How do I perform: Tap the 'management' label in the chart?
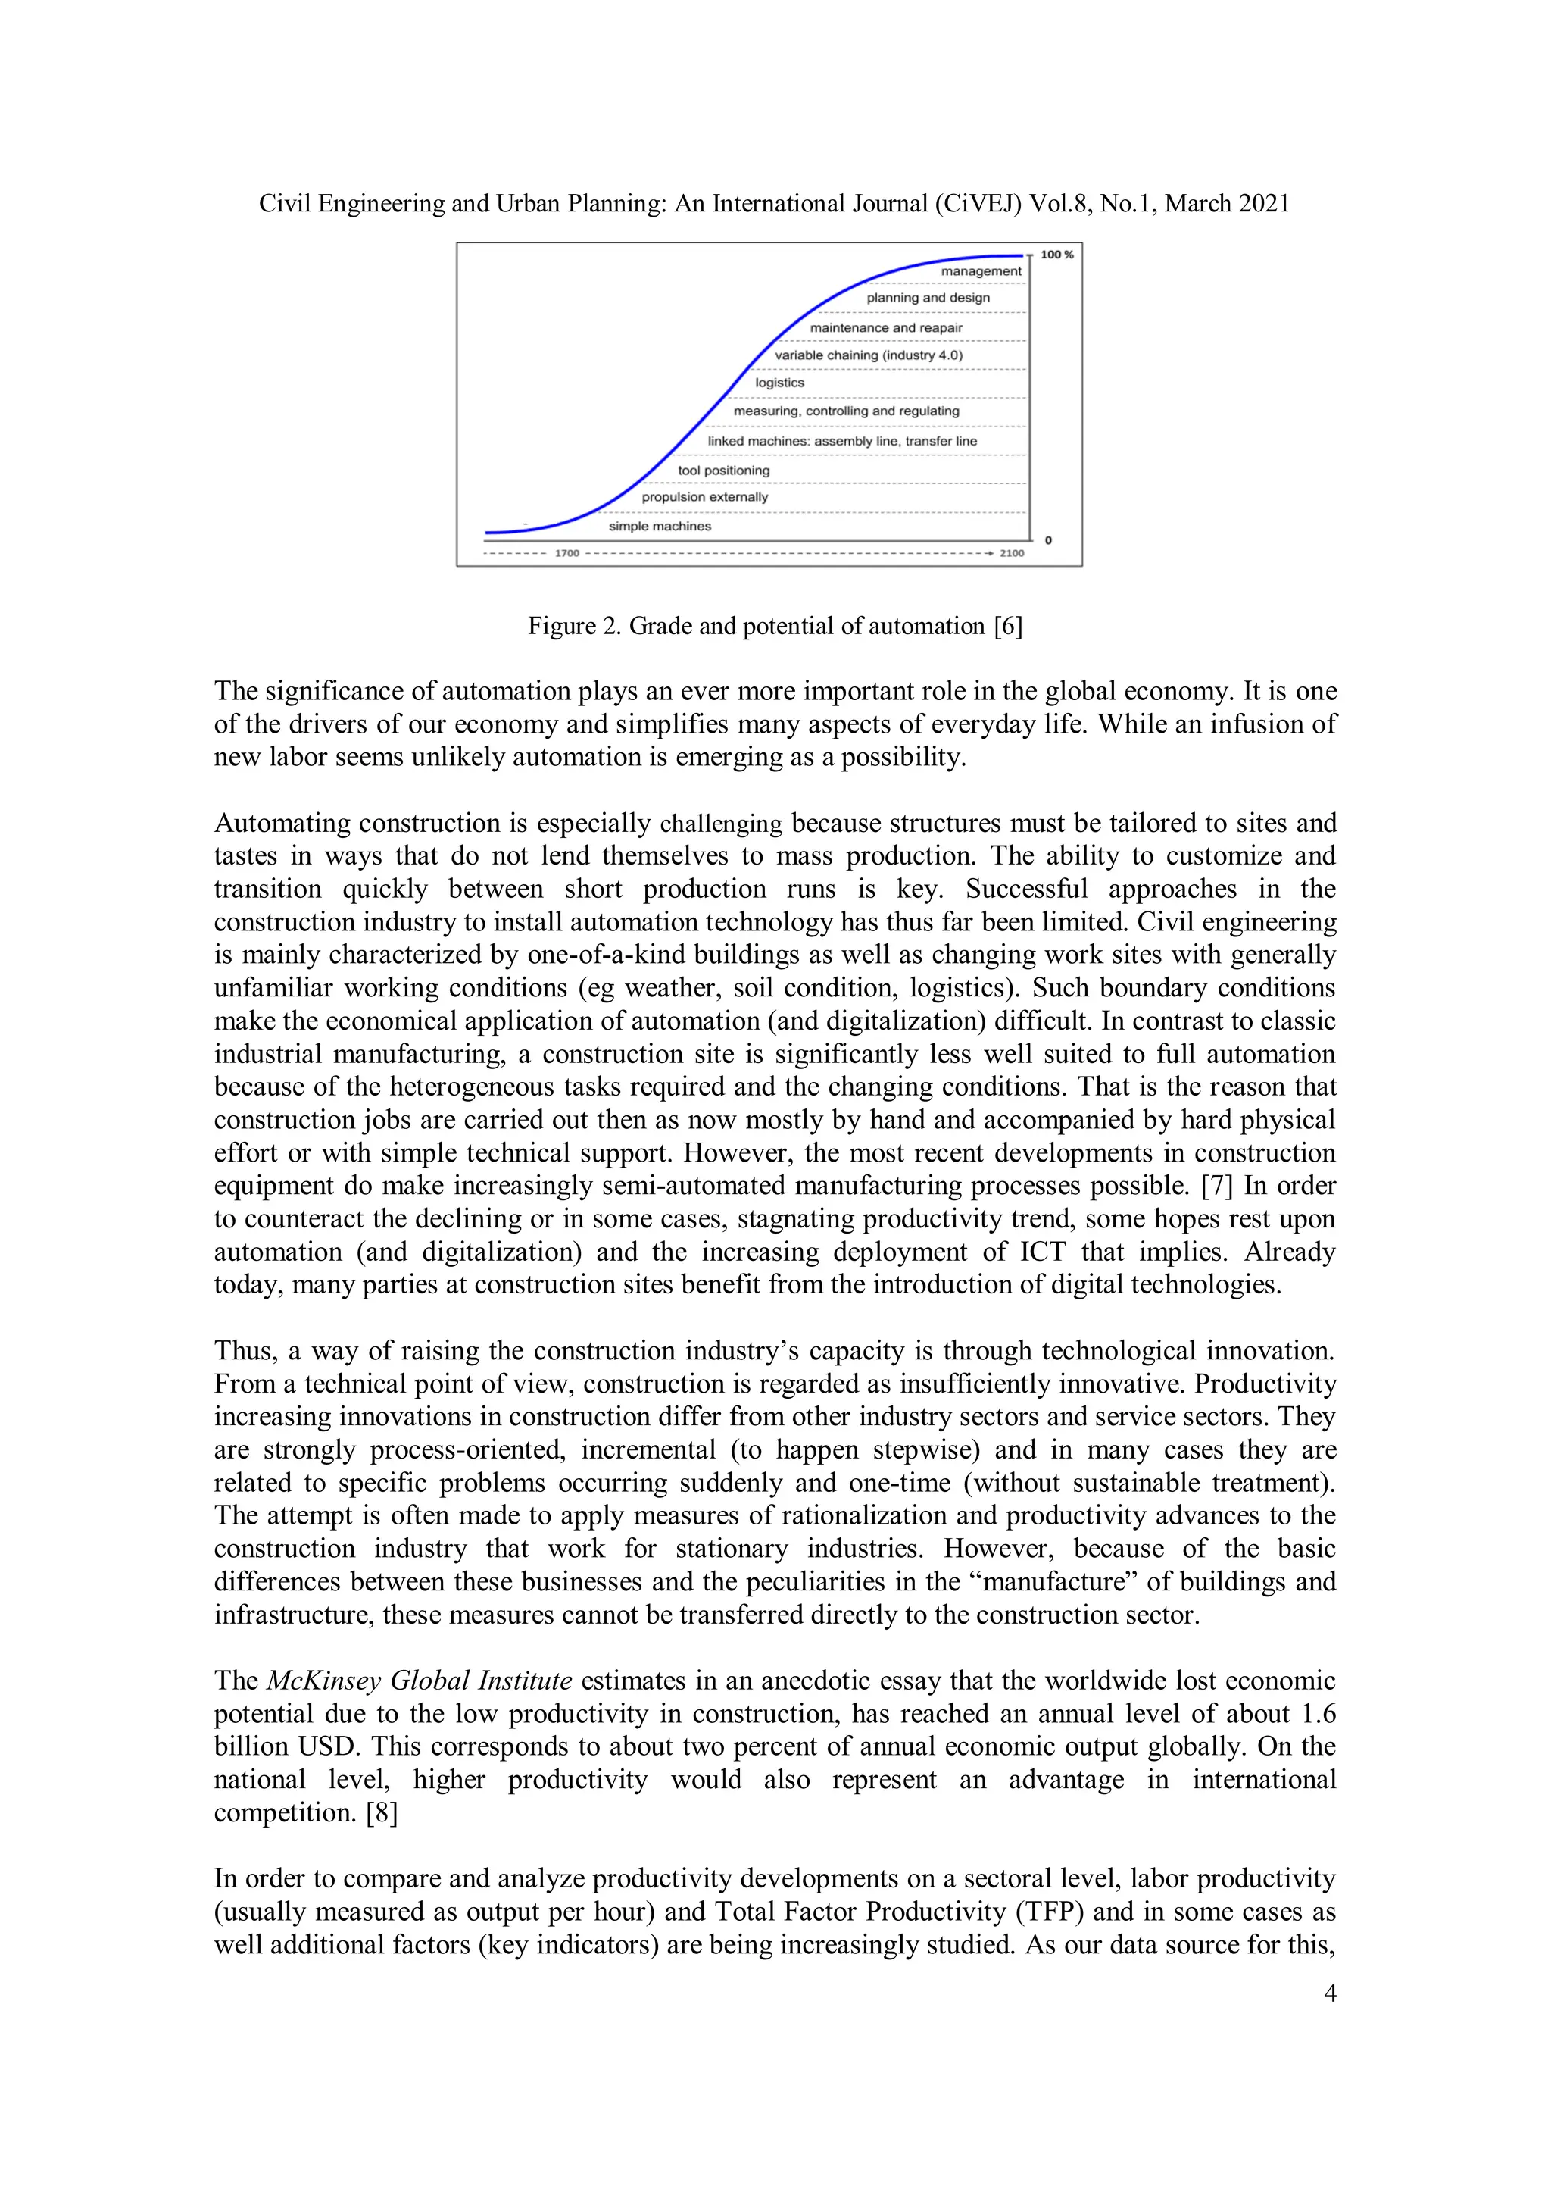tap(981, 271)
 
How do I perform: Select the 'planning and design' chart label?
tap(928, 297)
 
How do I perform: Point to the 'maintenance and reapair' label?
tap(886, 328)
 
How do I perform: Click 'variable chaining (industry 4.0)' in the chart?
tap(869, 355)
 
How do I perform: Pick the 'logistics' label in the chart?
tap(780, 383)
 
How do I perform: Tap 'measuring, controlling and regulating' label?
tap(846, 411)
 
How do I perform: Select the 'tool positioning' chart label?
tap(723, 471)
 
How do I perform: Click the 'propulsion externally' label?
tap(704, 497)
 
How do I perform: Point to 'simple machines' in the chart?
tap(660, 527)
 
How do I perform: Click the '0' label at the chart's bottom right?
tap(1048, 540)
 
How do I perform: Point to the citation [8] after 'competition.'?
tap(381, 1812)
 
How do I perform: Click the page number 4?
tap(1329, 1993)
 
